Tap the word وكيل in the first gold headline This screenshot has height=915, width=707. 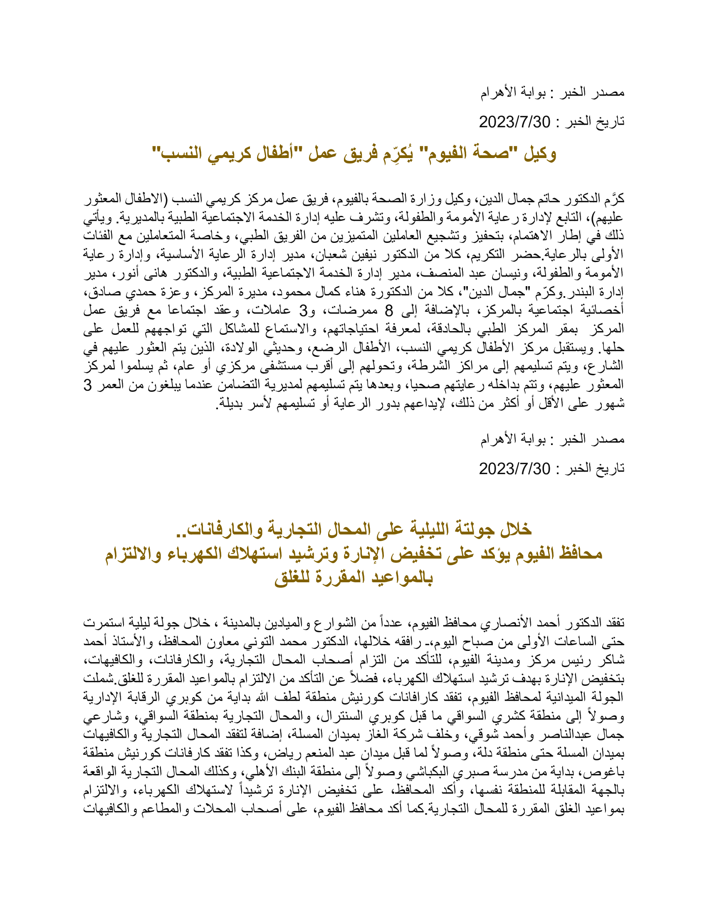click(x=540, y=154)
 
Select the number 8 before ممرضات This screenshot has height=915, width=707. click(x=389, y=310)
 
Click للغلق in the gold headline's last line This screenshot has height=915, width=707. click(x=298, y=578)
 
